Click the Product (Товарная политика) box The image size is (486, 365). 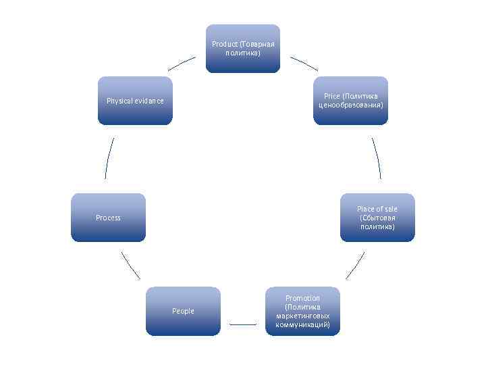tap(242, 49)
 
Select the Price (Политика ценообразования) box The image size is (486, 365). tap(350, 101)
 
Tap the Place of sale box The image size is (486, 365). tap(377, 218)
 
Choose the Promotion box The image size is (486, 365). tap(302, 311)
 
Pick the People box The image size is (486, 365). tap(183, 311)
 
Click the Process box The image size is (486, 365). tap(108, 218)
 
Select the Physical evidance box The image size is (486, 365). tap(135, 101)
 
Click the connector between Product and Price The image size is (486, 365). tap(304, 63)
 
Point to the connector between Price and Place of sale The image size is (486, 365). tap(376, 159)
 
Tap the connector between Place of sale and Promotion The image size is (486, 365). tap(355, 266)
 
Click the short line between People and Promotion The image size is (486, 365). tap(243, 324)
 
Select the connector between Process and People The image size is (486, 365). tap(130, 265)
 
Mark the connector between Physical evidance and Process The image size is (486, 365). tap(109, 158)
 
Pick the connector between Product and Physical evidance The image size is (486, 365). tap(182, 63)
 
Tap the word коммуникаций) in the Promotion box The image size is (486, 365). tap(302, 324)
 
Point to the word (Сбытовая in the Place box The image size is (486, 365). tap(378, 218)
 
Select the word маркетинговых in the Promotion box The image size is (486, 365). tap(302, 316)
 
